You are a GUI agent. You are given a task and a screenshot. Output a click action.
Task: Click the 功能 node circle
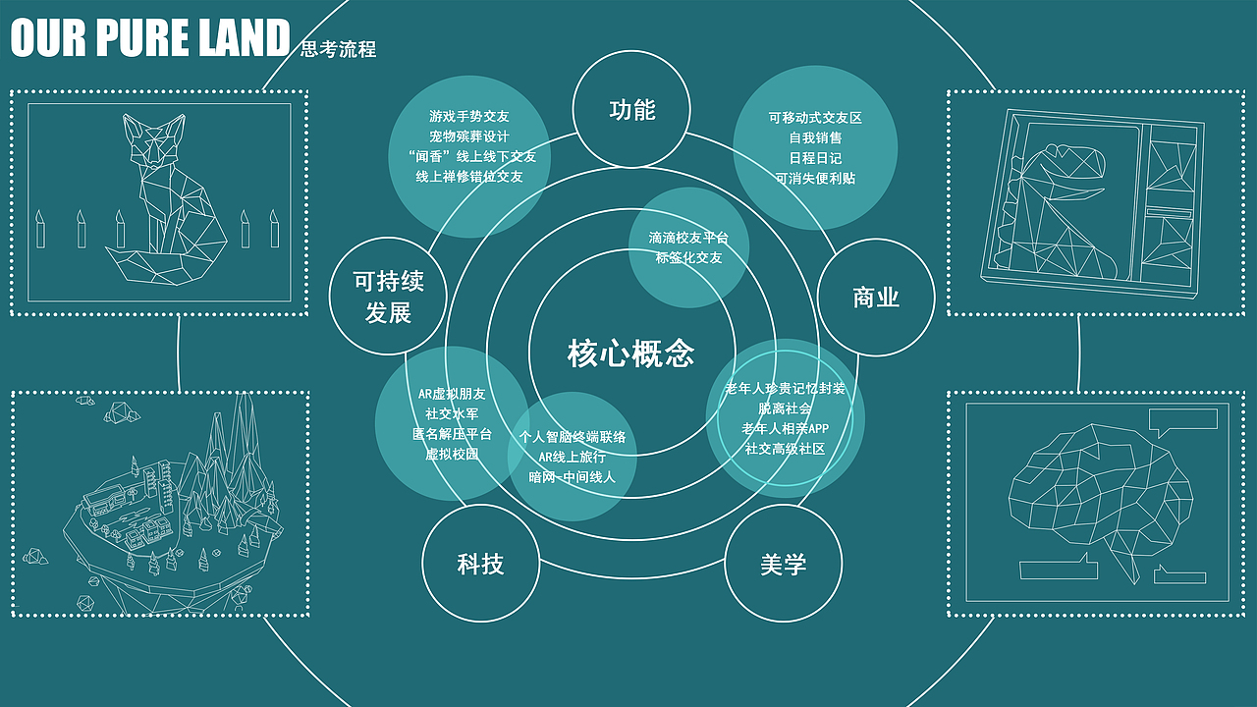631,110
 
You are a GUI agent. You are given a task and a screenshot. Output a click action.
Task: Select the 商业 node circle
876,298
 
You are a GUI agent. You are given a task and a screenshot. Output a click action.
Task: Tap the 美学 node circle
783,564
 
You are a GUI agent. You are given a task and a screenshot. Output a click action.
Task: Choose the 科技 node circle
481,564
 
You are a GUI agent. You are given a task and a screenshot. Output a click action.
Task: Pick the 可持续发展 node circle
389,298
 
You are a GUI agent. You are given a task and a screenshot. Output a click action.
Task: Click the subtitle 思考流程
339,49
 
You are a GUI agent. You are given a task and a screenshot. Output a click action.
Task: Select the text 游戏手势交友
469,117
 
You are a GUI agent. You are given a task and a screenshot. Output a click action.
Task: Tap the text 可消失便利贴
815,179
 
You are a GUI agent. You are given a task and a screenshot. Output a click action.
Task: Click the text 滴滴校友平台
688,238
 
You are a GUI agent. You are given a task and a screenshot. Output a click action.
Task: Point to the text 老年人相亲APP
785,428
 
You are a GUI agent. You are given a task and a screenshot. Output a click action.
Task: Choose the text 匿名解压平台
452,433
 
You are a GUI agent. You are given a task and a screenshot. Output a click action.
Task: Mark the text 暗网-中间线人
572,477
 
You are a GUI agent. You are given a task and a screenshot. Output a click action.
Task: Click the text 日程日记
815,158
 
